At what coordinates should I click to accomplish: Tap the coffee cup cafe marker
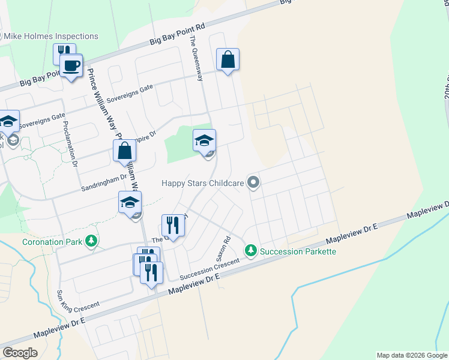click(71, 66)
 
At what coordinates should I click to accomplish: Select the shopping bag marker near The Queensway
click(228, 60)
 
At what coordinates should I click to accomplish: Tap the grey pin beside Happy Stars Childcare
click(253, 182)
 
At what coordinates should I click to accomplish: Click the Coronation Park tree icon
click(91, 241)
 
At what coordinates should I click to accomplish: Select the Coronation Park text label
click(52, 242)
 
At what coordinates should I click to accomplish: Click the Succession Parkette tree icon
click(251, 251)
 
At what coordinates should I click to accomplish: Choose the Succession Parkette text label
click(298, 251)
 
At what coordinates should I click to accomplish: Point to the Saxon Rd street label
click(222, 248)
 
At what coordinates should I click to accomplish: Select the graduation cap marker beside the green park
click(204, 141)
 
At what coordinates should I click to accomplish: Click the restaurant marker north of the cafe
click(64, 53)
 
